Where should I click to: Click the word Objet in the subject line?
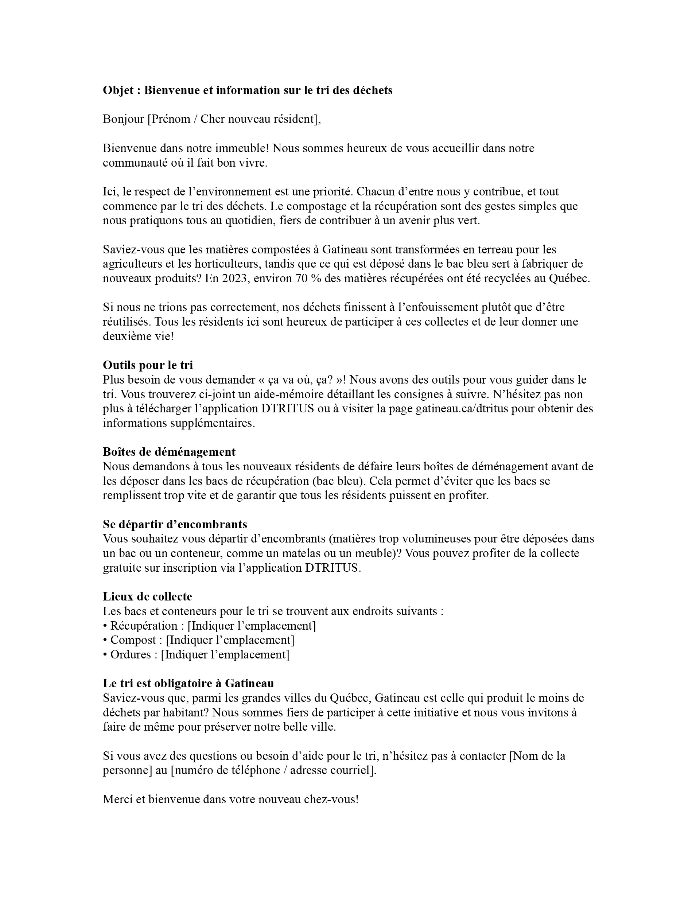point(118,90)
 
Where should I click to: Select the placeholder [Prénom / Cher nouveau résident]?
point(234,120)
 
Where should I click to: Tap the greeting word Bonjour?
point(123,120)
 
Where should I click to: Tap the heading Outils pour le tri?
point(148,365)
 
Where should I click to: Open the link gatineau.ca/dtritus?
point(462,409)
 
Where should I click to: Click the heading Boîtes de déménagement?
point(169,452)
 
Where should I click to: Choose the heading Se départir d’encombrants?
point(175,524)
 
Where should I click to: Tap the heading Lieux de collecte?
point(147,596)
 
